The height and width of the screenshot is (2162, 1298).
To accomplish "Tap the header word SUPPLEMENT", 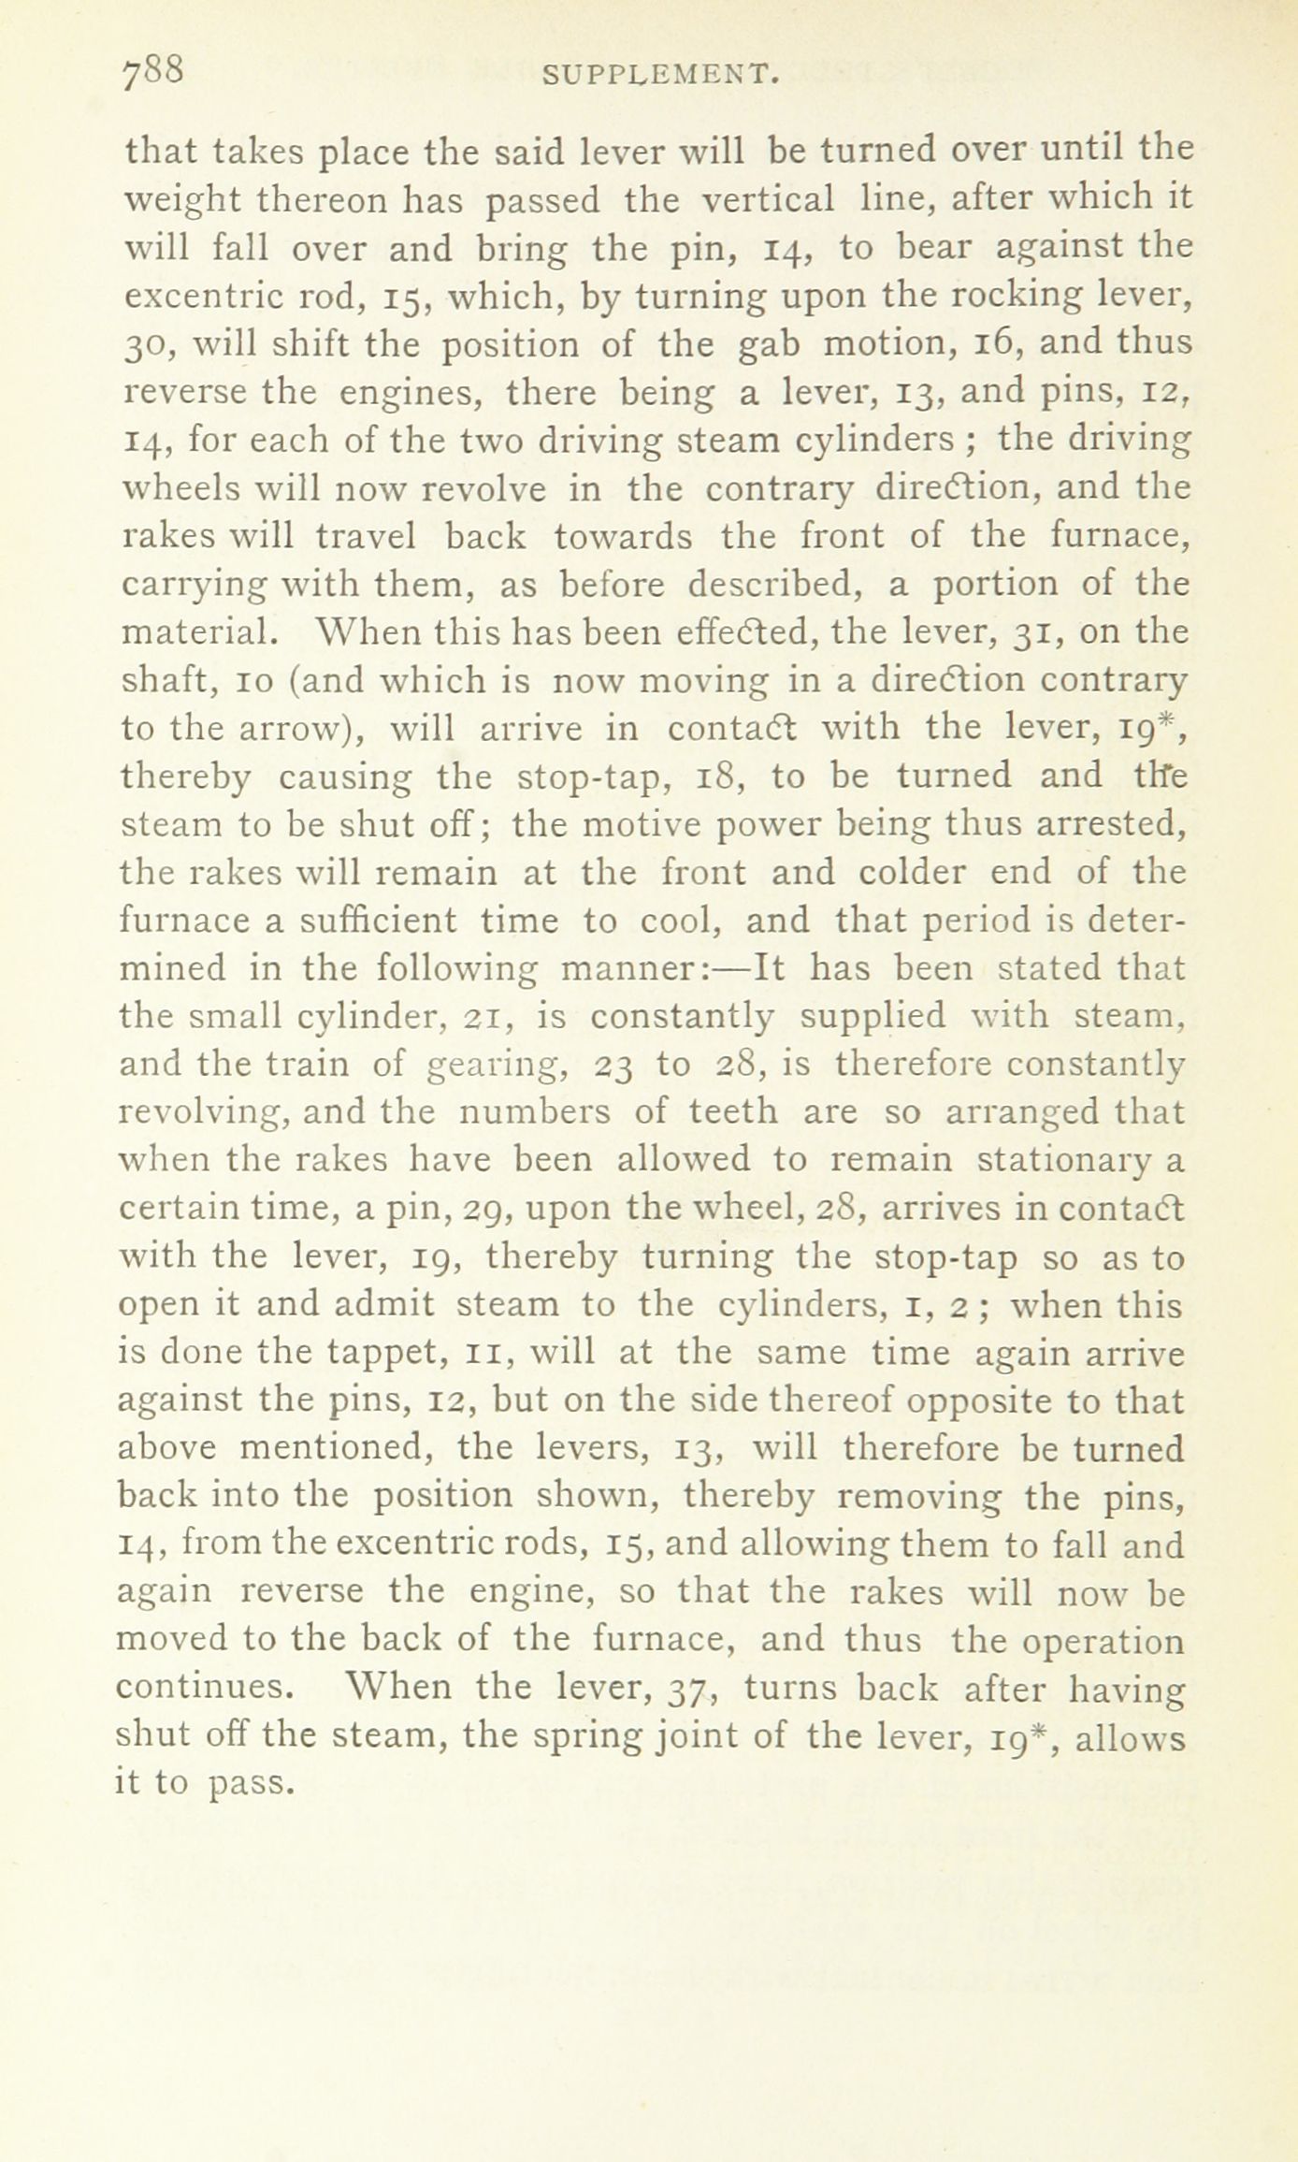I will (661, 74).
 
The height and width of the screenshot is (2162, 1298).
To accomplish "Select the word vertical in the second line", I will (769, 198).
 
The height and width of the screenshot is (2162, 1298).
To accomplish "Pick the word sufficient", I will (379, 921).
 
